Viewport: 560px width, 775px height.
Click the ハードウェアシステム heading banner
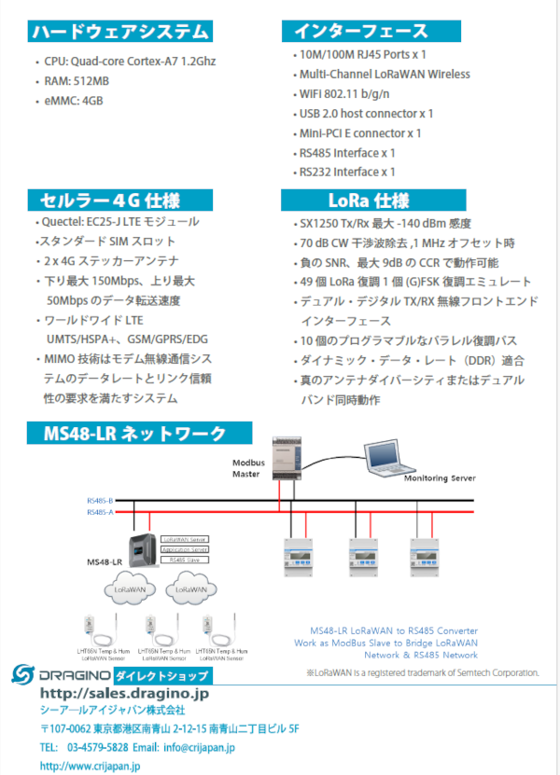(119, 33)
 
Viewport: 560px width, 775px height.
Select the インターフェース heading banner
(359, 33)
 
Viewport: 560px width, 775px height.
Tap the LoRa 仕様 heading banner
(368, 201)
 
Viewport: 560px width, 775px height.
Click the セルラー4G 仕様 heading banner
(110, 201)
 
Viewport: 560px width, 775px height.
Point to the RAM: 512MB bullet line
(77, 80)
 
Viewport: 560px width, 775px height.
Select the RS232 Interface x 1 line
(347, 172)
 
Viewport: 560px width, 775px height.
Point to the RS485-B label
(100, 501)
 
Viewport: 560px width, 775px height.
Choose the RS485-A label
(100, 512)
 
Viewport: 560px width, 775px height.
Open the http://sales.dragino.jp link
(124, 694)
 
